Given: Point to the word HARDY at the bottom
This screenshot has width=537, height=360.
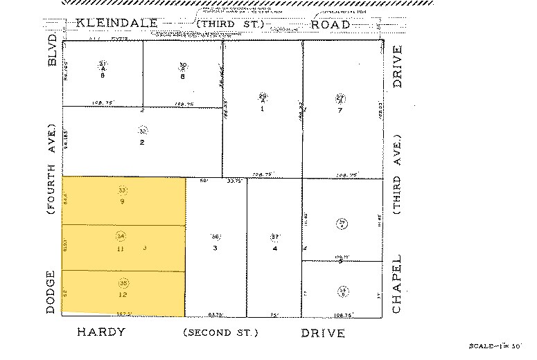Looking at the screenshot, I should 100,332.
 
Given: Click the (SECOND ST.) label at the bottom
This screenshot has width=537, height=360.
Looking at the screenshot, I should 220,333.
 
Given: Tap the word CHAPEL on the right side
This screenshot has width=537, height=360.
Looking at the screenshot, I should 397,286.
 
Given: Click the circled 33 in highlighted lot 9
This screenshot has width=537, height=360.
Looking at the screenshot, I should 123,190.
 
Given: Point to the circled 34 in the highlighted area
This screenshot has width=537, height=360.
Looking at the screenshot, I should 121,237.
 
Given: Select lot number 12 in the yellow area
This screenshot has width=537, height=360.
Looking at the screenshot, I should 123,294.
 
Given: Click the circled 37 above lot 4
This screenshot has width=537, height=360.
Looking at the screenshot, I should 275,237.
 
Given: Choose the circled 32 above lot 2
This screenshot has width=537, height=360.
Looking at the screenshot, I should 143,130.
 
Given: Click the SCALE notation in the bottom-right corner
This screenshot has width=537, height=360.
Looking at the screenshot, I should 493,345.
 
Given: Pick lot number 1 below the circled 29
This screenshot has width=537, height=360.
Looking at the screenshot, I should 263,109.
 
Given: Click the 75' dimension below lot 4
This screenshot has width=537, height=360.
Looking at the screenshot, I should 274,314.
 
